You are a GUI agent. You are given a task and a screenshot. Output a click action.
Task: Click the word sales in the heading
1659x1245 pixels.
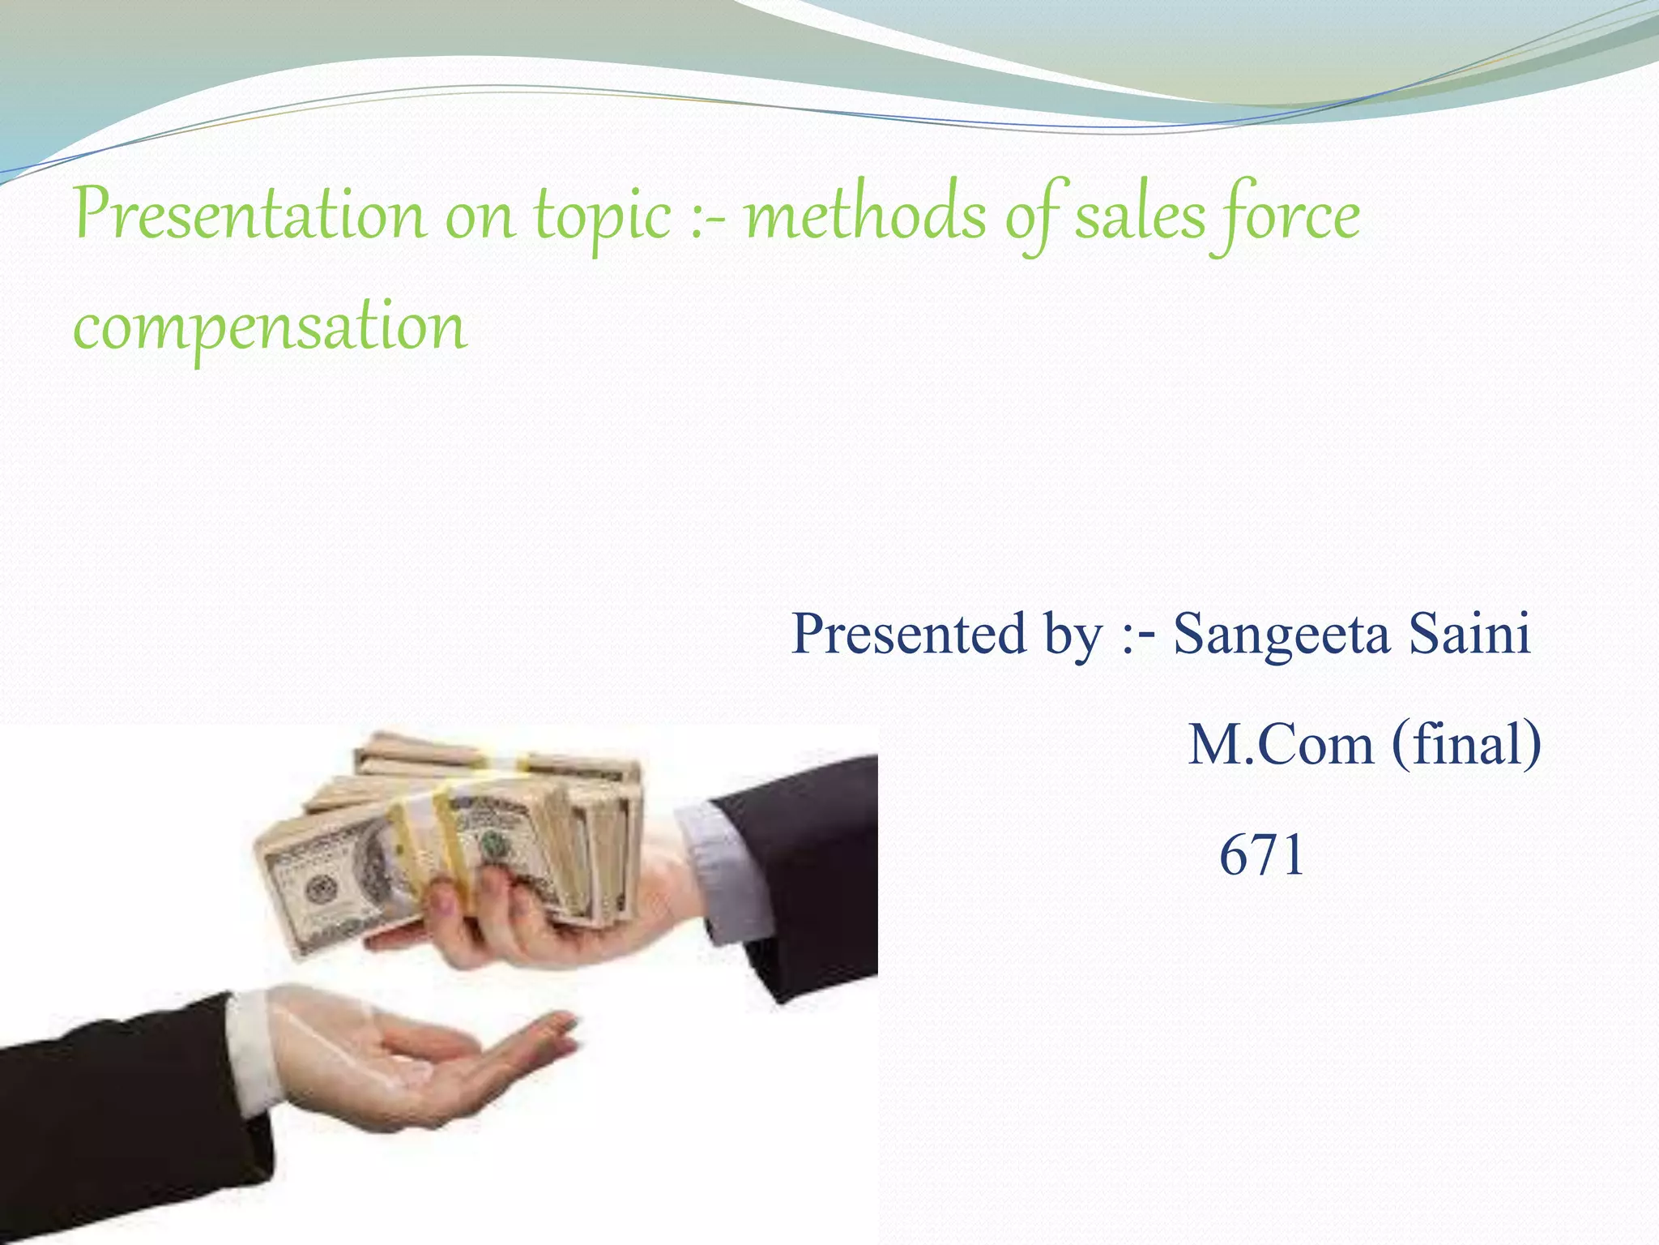coord(1139,216)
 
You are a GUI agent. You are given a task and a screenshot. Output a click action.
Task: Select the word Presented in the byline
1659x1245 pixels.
coord(906,633)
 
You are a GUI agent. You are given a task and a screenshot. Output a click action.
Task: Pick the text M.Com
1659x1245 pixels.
coord(1280,744)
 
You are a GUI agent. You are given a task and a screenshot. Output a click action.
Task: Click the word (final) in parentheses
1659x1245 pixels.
coord(1466,744)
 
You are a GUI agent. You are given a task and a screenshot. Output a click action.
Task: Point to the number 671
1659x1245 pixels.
coord(1261,854)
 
